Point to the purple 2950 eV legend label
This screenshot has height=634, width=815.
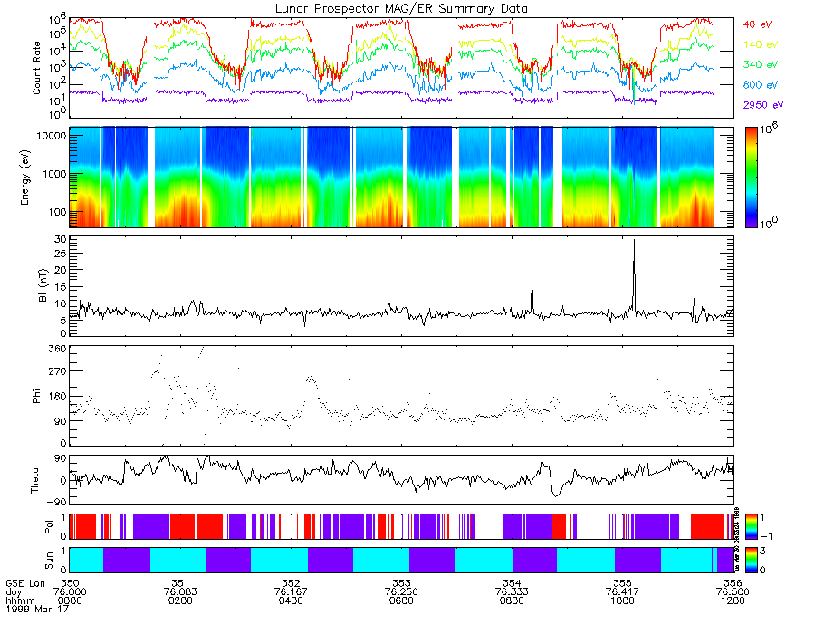(x=762, y=105)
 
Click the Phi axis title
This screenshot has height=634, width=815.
(x=37, y=397)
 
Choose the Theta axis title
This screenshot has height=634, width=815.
(x=37, y=478)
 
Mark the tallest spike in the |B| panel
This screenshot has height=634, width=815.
(x=634, y=241)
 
